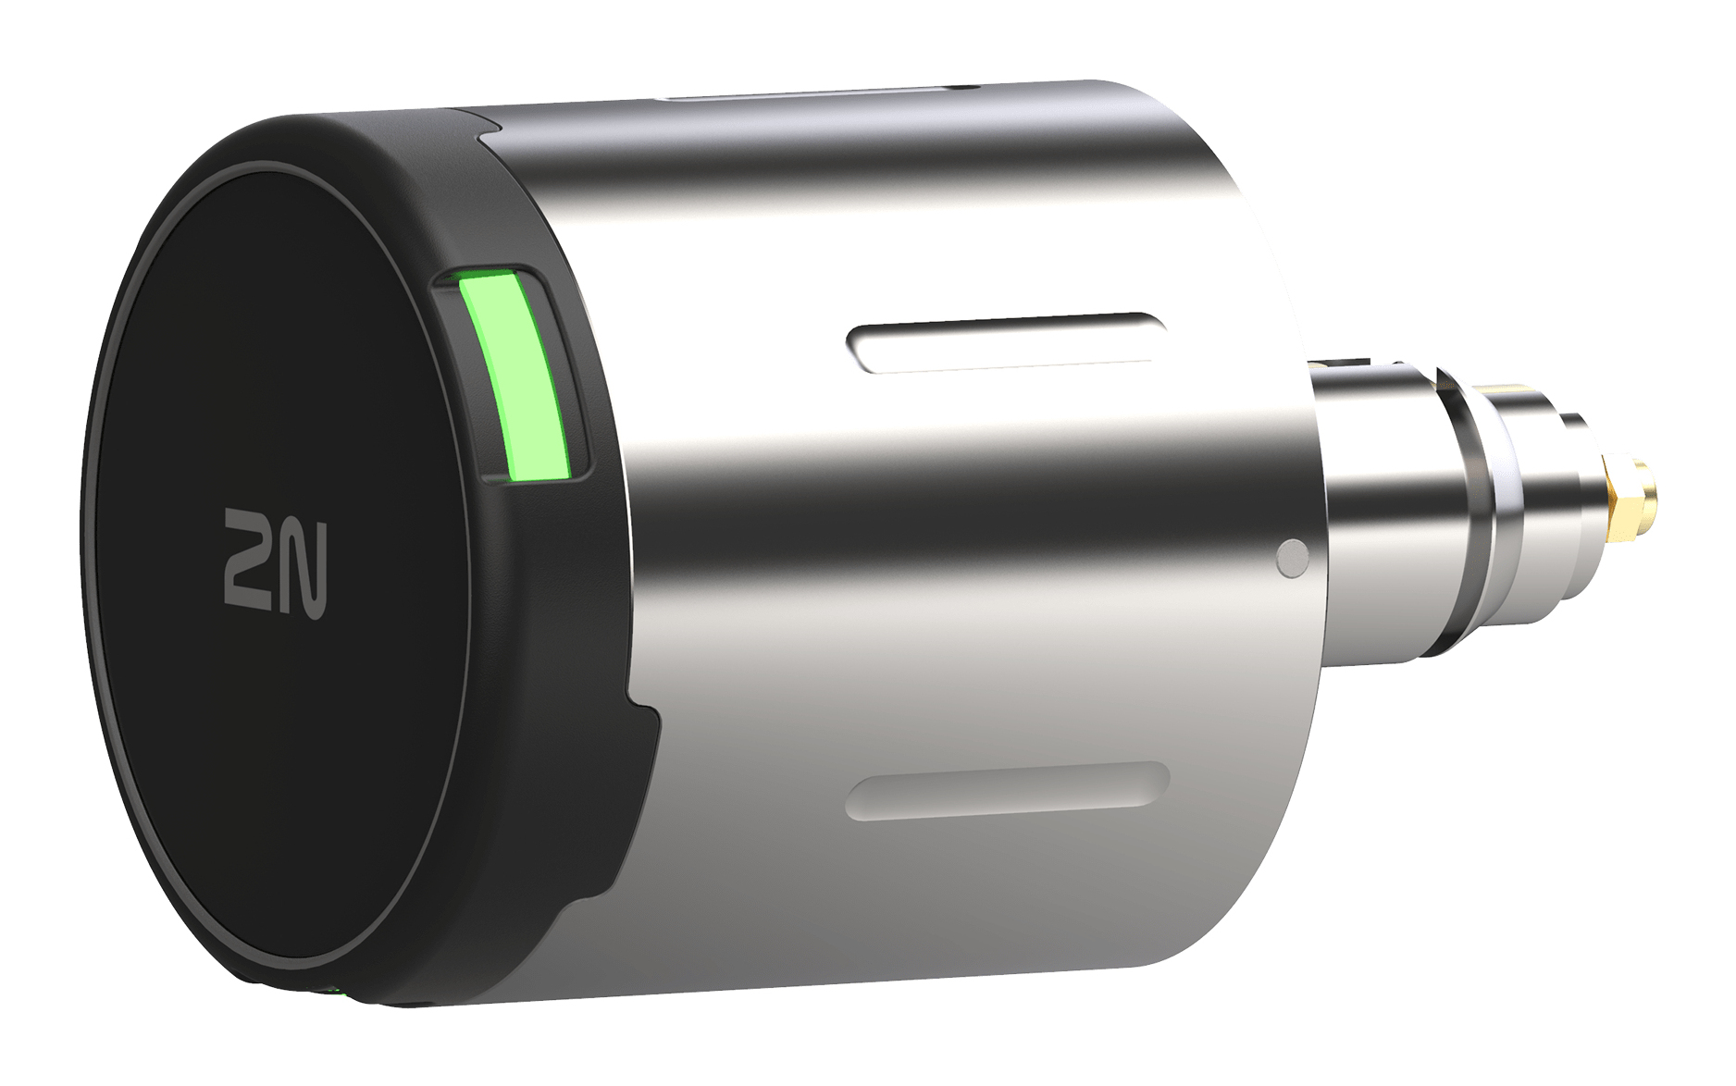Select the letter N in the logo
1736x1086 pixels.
pos(304,566)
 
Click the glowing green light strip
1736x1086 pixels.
pos(516,377)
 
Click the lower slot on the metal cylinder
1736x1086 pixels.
pos(1007,791)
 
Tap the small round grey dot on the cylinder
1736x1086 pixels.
pos(1292,558)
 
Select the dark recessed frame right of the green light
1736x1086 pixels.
pos(566,370)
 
